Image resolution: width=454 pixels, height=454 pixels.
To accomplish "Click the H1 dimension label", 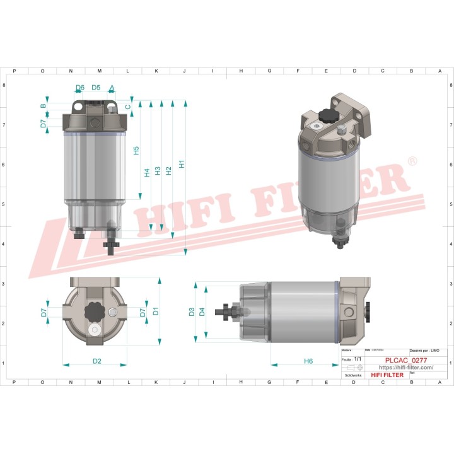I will (x=182, y=164).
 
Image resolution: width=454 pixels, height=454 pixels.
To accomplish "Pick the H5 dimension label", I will (x=136, y=151).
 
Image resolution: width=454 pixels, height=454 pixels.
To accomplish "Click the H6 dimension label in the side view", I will (x=308, y=361).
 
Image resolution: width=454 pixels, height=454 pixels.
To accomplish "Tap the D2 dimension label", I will (x=97, y=361).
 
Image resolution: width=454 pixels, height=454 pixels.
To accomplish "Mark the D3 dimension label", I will (x=192, y=311).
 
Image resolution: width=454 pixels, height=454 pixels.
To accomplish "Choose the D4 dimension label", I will (x=202, y=311).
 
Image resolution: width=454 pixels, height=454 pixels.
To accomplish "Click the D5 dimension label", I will (x=96, y=88).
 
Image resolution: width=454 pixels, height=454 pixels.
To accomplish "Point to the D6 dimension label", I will (x=80, y=88).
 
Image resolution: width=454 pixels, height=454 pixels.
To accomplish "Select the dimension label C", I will (x=127, y=107).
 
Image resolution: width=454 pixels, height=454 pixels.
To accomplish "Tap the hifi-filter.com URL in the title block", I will (x=405, y=367).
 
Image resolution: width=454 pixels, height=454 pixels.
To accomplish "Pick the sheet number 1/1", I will (x=358, y=359).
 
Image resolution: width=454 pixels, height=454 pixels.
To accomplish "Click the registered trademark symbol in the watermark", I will (x=412, y=162).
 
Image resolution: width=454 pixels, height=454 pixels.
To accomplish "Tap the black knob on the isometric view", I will (x=329, y=116).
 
